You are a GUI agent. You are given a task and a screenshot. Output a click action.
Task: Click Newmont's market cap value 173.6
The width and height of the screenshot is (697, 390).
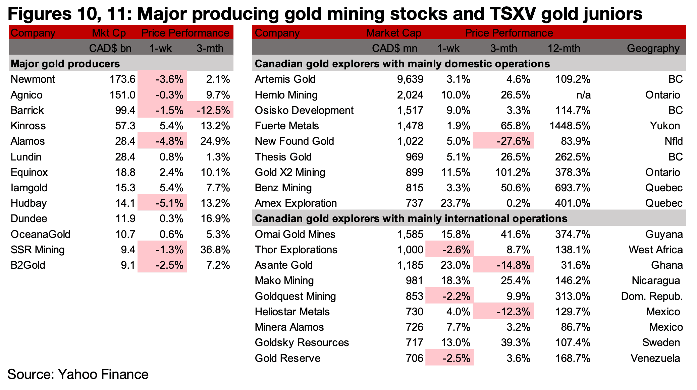(x=122, y=79)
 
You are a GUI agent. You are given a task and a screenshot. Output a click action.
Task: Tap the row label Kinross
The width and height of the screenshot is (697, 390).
(x=28, y=126)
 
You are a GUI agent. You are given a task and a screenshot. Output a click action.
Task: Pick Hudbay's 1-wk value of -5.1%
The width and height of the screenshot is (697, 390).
(x=169, y=203)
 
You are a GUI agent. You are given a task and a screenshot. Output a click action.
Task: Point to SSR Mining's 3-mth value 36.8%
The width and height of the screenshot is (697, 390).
(x=215, y=250)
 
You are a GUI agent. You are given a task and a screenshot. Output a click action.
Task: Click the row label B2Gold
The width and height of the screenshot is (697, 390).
(x=28, y=265)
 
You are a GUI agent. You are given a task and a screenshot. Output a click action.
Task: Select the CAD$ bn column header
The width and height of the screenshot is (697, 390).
(x=110, y=48)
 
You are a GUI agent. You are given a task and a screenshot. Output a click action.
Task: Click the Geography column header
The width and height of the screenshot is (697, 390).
(x=653, y=48)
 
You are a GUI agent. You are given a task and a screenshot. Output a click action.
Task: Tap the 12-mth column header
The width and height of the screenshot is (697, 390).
(x=564, y=48)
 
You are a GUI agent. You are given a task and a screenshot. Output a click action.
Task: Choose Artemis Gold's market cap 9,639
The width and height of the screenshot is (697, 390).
(x=410, y=79)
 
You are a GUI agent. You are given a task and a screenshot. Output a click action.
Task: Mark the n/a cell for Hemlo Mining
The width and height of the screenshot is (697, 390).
(x=583, y=95)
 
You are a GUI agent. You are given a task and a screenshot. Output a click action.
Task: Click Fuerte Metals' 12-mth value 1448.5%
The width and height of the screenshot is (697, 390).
(x=570, y=126)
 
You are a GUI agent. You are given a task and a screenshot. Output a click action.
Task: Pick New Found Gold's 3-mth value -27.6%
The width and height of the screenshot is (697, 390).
(x=514, y=141)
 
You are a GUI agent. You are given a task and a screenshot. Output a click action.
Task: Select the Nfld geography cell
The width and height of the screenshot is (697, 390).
(x=674, y=141)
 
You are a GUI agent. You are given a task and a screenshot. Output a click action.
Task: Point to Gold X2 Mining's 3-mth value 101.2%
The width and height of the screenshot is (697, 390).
(x=513, y=173)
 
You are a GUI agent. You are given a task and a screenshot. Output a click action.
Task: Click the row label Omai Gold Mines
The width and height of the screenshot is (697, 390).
(x=295, y=235)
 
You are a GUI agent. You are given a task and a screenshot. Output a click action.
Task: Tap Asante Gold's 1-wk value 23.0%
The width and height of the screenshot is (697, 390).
(x=455, y=265)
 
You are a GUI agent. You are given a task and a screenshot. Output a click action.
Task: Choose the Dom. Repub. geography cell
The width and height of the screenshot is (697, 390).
(x=652, y=297)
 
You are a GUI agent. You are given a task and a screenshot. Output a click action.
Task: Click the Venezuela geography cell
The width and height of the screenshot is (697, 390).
(x=655, y=359)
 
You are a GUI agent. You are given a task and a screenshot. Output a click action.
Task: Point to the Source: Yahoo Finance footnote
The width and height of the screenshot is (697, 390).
(x=78, y=375)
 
